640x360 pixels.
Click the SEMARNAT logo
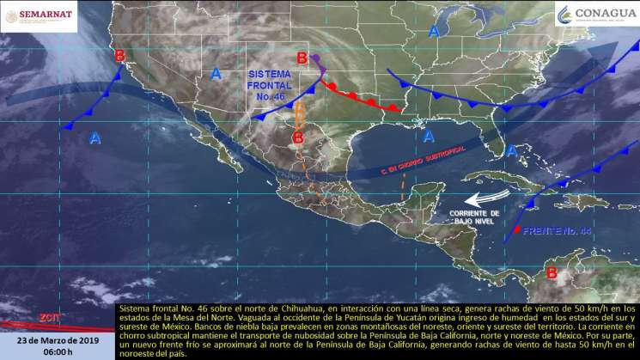click(40, 15)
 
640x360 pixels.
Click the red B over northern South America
click(552, 274)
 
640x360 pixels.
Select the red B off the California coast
click(119, 56)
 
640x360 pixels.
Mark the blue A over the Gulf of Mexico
click(428, 136)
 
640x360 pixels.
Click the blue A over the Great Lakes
click(434, 32)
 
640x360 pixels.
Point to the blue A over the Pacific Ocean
click(94, 137)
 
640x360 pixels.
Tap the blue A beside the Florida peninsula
click(511, 150)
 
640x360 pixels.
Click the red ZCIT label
click(48, 317)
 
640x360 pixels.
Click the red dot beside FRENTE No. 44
click(515, 231)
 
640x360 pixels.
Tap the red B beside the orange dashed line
click(297, 137)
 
